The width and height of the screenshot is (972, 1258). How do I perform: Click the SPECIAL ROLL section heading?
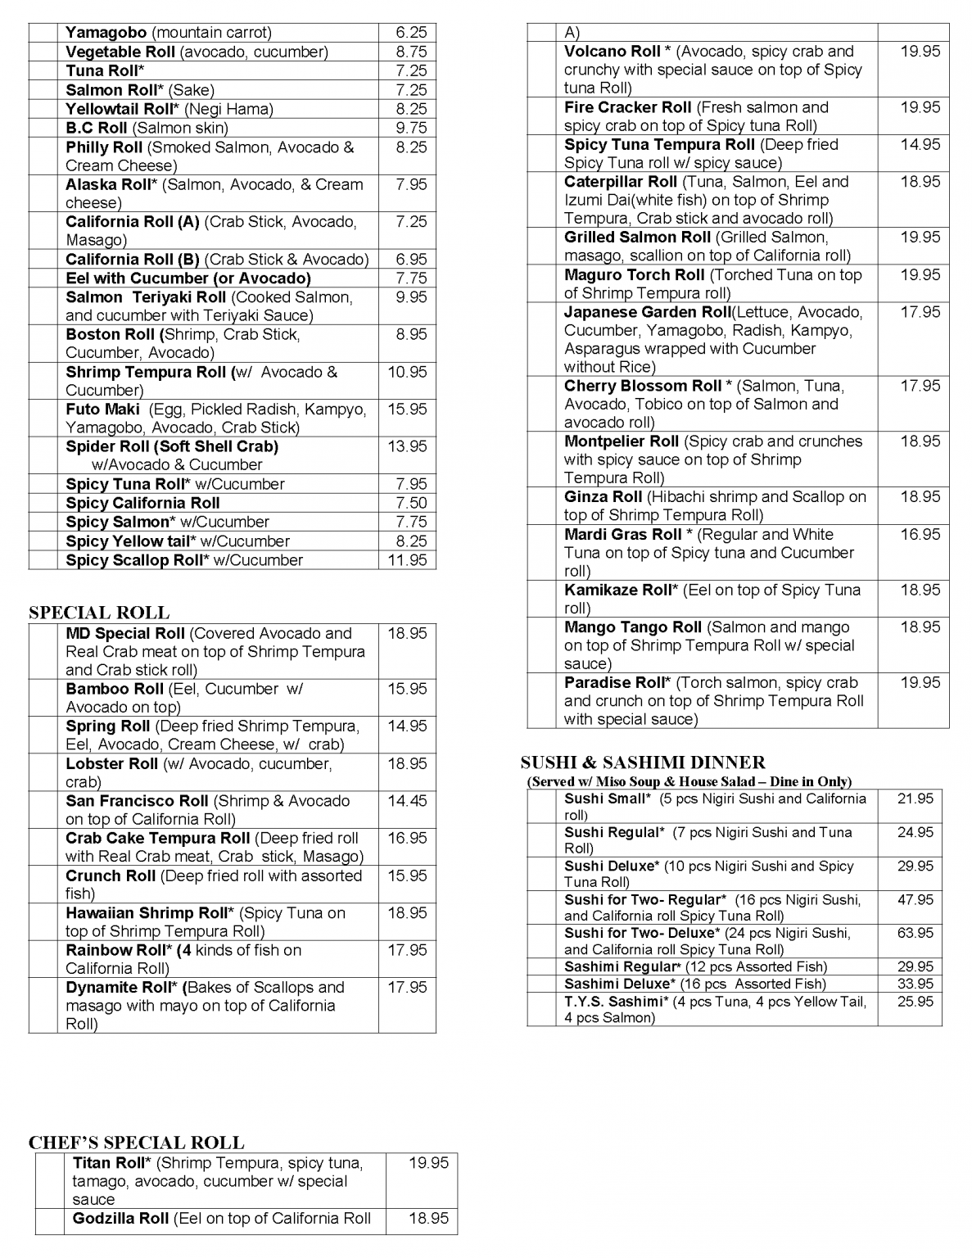point(99,613)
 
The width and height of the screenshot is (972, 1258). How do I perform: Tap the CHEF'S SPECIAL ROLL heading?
point(136,1143)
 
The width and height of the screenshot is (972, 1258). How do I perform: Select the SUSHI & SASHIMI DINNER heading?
point(643,762)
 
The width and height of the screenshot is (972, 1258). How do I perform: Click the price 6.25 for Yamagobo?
point(411,33)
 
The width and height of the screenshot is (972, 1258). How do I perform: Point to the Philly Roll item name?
point(105,147)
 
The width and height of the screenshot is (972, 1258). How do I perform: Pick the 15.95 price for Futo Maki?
point(407,410)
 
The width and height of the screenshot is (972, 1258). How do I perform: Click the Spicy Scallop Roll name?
point(133,560)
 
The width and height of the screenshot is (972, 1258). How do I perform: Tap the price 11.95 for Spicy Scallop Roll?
point(407,560)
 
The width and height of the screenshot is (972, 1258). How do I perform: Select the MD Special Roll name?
point(125,634)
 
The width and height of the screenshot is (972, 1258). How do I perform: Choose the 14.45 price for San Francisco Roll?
point(407,801)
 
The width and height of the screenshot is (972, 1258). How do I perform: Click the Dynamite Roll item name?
point(115,988)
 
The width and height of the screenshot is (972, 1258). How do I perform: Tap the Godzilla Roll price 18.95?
point(429,1219)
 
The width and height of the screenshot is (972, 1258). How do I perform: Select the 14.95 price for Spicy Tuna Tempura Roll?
point(920,145)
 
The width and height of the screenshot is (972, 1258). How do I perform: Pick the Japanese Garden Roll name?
point(648,312)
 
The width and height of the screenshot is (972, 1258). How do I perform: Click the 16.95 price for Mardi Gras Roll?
point(920,535)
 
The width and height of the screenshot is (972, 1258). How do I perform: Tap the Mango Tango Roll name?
point(633,627)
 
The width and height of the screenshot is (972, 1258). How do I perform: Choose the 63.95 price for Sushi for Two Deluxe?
point(915,933)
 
